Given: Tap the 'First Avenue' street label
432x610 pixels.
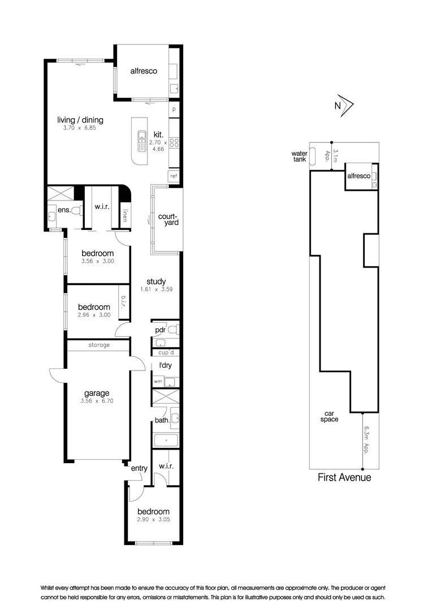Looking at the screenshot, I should (x=344, y=478).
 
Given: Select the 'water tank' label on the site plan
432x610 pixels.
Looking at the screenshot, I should (x=299, y=156).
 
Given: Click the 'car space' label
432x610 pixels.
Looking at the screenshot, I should (x=329, y=416).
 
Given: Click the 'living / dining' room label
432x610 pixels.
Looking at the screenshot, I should (x=80, y=120).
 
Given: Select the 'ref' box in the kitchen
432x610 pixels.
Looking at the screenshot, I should (x=174, y=177).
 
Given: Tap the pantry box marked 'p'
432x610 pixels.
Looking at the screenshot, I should (x=174, y=110).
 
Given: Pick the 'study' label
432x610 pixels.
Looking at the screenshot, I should (x=155, y=281).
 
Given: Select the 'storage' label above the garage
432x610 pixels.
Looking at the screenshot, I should (x=99, y=345).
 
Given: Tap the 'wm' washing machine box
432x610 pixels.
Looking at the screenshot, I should (x=158, y=382).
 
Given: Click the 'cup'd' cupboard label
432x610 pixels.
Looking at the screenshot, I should (x=165, y=353).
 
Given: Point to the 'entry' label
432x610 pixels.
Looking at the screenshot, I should (x=139, y=468).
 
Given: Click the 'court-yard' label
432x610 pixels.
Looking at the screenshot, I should (x=168, y=219).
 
